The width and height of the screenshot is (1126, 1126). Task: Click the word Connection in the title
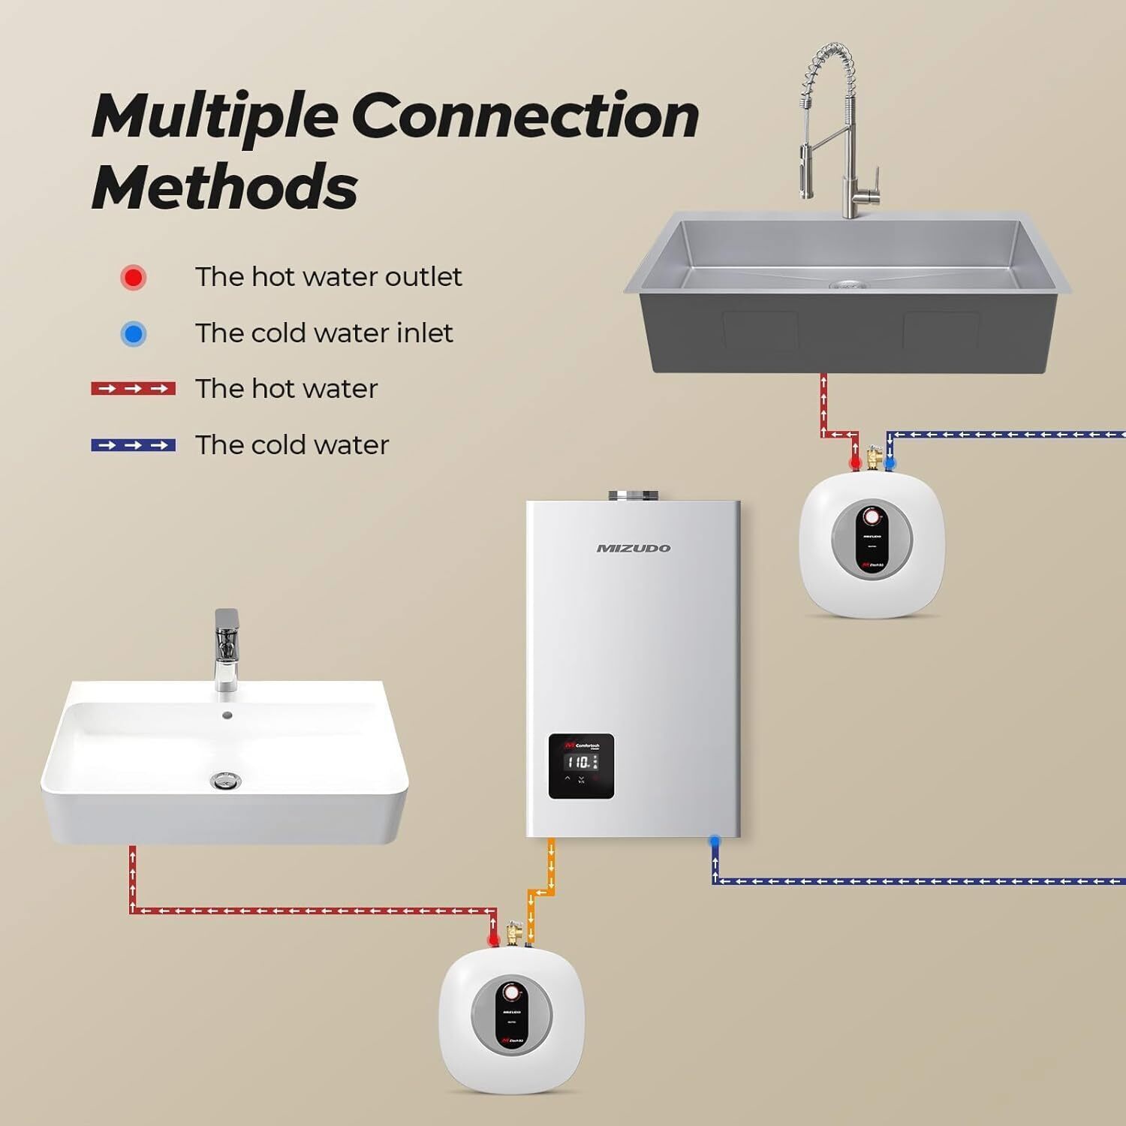click(x=525, y=116)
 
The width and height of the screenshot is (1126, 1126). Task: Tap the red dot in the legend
click(x=134, y=277)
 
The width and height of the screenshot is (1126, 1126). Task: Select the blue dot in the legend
click(x=134, y=333)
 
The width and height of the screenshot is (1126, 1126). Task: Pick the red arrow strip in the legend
click(x=133, y=389)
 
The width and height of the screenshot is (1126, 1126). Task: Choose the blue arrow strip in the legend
click(x=133, y=445)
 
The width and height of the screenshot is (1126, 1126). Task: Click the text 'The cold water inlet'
click(x=324, y=333)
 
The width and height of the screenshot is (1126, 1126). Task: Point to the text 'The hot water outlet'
click(x=328, y=277)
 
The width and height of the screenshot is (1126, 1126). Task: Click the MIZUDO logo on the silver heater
click(x=633, y=548)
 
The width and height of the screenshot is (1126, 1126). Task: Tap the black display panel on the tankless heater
click(x=581, y=766)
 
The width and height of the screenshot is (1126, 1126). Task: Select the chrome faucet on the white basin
click(x=226, y=649)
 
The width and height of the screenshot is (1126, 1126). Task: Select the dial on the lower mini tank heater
click(x=511, y=992)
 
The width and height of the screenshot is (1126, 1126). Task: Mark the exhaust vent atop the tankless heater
click(x=633, y=495)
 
